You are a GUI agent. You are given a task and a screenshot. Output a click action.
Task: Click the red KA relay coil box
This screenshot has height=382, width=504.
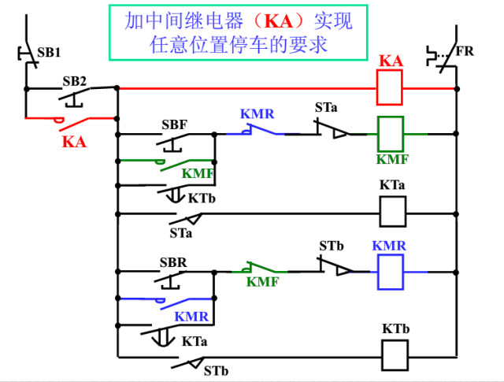pyautogui.click(x=391, y=87)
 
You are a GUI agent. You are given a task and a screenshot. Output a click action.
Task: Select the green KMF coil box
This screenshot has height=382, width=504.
pyautogui.click(x=391, y=133)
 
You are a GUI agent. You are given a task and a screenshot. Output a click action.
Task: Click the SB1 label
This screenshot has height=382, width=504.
pyautogui.click(x=49, y=52)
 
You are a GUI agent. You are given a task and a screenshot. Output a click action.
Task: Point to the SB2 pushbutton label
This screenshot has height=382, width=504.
pyautogui.click(x=75, y=81)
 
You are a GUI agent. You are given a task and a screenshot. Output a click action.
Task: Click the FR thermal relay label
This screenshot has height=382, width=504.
pyautogui.click(x=466, y=52)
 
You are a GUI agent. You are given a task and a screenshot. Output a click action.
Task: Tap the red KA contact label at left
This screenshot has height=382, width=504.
pyautogui.click(x=74, y=142)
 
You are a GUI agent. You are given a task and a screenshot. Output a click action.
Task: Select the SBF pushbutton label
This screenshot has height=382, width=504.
pyautogui.click(x=174, y=124)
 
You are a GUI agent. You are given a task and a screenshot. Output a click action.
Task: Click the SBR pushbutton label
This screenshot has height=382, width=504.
pyautogui.click(x=173, y=262)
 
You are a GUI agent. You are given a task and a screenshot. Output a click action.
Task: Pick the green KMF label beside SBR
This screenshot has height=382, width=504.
pyautogui.click(x=262, y=281)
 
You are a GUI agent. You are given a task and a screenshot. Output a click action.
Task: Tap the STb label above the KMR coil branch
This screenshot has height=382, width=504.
pyautogui.click(x=332, y=246)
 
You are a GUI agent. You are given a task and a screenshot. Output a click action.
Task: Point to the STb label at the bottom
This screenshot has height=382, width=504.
pyautogui.click(x=216, y=370)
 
